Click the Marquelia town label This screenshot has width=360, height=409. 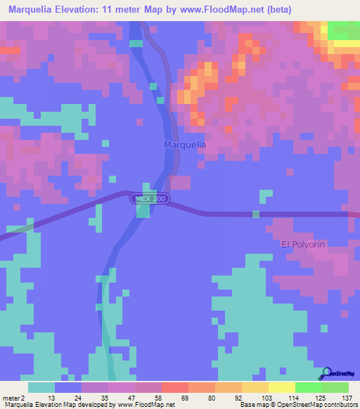pyautogui.click(x=185, y=144)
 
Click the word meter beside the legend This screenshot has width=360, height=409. pyautogui.click(x=11, y=397)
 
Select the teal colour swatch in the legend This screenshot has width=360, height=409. pyautogui.click(x=41, y=387)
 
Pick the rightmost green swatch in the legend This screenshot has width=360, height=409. pyautogui.click(x=335, y=387)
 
